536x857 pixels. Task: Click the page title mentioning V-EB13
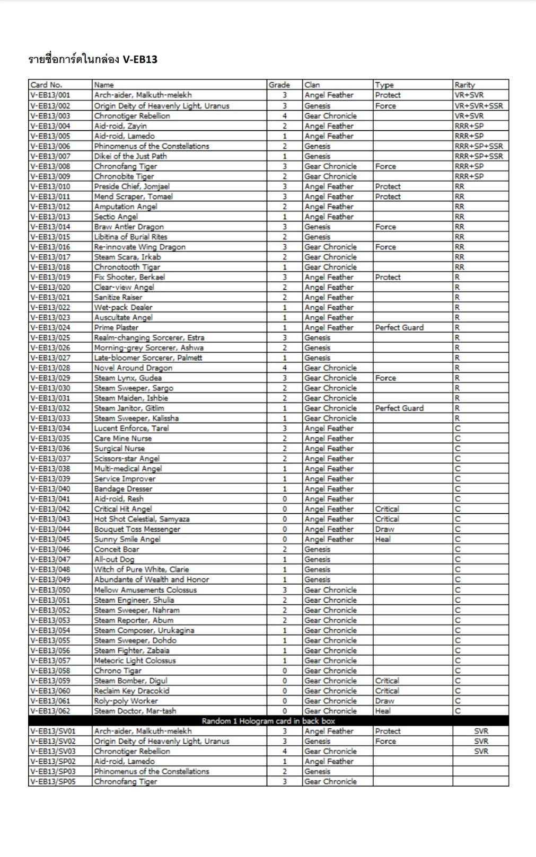click(93, 59)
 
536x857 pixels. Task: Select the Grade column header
click(279, 85)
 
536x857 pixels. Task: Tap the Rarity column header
click(464, 85)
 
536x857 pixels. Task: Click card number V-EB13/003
click(50, 116)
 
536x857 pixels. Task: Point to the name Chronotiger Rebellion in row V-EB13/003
click(132, 116)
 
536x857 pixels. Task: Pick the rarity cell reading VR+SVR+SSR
click(479, 106)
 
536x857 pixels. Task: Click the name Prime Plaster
click(116, 327)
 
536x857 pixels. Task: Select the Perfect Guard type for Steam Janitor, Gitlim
click(399, 408)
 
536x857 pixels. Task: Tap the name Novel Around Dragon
click(133, 368)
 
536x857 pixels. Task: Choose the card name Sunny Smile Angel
click(127, 539)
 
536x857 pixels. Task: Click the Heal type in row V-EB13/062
click(383, 711)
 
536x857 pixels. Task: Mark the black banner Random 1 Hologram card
click(268, 721)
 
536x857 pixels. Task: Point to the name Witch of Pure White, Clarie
click(142, 569)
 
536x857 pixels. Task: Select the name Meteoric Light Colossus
click(135, 660)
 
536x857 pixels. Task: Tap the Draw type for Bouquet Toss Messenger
click(384, 529)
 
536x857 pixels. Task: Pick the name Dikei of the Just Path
click(130, 156)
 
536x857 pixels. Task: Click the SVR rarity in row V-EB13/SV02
click(481, 741)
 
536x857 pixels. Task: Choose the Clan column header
click(312, 85)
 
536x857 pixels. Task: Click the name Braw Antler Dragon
click(129, 227)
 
